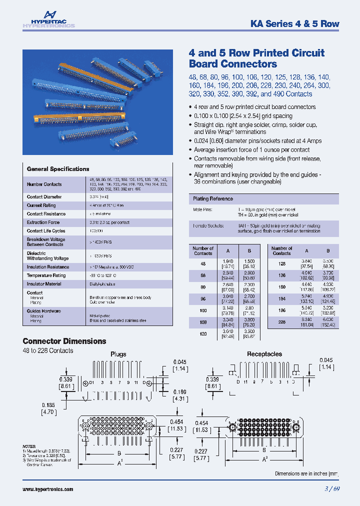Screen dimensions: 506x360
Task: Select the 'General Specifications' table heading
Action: pos(58,169)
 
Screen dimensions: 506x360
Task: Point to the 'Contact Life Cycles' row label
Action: pos(46,231)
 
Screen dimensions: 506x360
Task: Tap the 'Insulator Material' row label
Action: pos(44,284)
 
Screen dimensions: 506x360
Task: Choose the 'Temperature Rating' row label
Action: pos(46,275)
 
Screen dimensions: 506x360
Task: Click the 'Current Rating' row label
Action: pos(41,205)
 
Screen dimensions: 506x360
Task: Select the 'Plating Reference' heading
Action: pos(213,199)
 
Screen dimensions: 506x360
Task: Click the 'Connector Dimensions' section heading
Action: pos(64,341)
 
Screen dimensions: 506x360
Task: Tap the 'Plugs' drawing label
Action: pos(118,354)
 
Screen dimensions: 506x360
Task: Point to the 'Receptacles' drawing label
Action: pos(264,354)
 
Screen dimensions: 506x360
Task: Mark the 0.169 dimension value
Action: pos(180,392)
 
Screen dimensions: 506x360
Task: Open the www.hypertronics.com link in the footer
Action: pos(48,489)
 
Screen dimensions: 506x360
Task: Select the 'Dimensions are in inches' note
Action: pos(306,473)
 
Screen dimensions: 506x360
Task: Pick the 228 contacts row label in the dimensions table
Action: pos(281,308)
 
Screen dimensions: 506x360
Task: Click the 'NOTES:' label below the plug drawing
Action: pos(29,445)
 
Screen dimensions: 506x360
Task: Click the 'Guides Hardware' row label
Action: pos(44,311)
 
